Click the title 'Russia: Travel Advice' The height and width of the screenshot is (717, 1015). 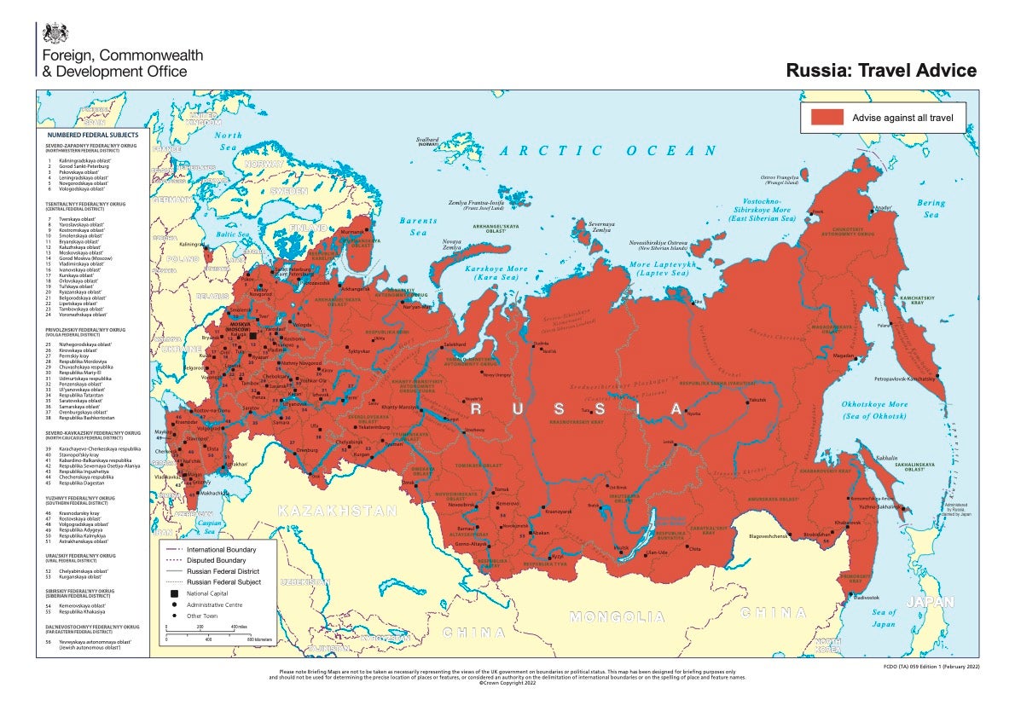pos(881,71)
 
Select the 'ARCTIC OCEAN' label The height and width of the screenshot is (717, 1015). pos(608,151)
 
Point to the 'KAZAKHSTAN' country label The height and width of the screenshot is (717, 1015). pos(336,512)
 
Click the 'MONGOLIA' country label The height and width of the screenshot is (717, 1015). pos(617,616)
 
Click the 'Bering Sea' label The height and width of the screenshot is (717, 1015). pos(931,209)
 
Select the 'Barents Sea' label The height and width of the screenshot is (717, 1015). pos(418,226)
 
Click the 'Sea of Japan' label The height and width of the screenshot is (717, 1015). pos(884,618)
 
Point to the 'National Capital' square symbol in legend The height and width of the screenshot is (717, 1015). pos(174,593)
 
